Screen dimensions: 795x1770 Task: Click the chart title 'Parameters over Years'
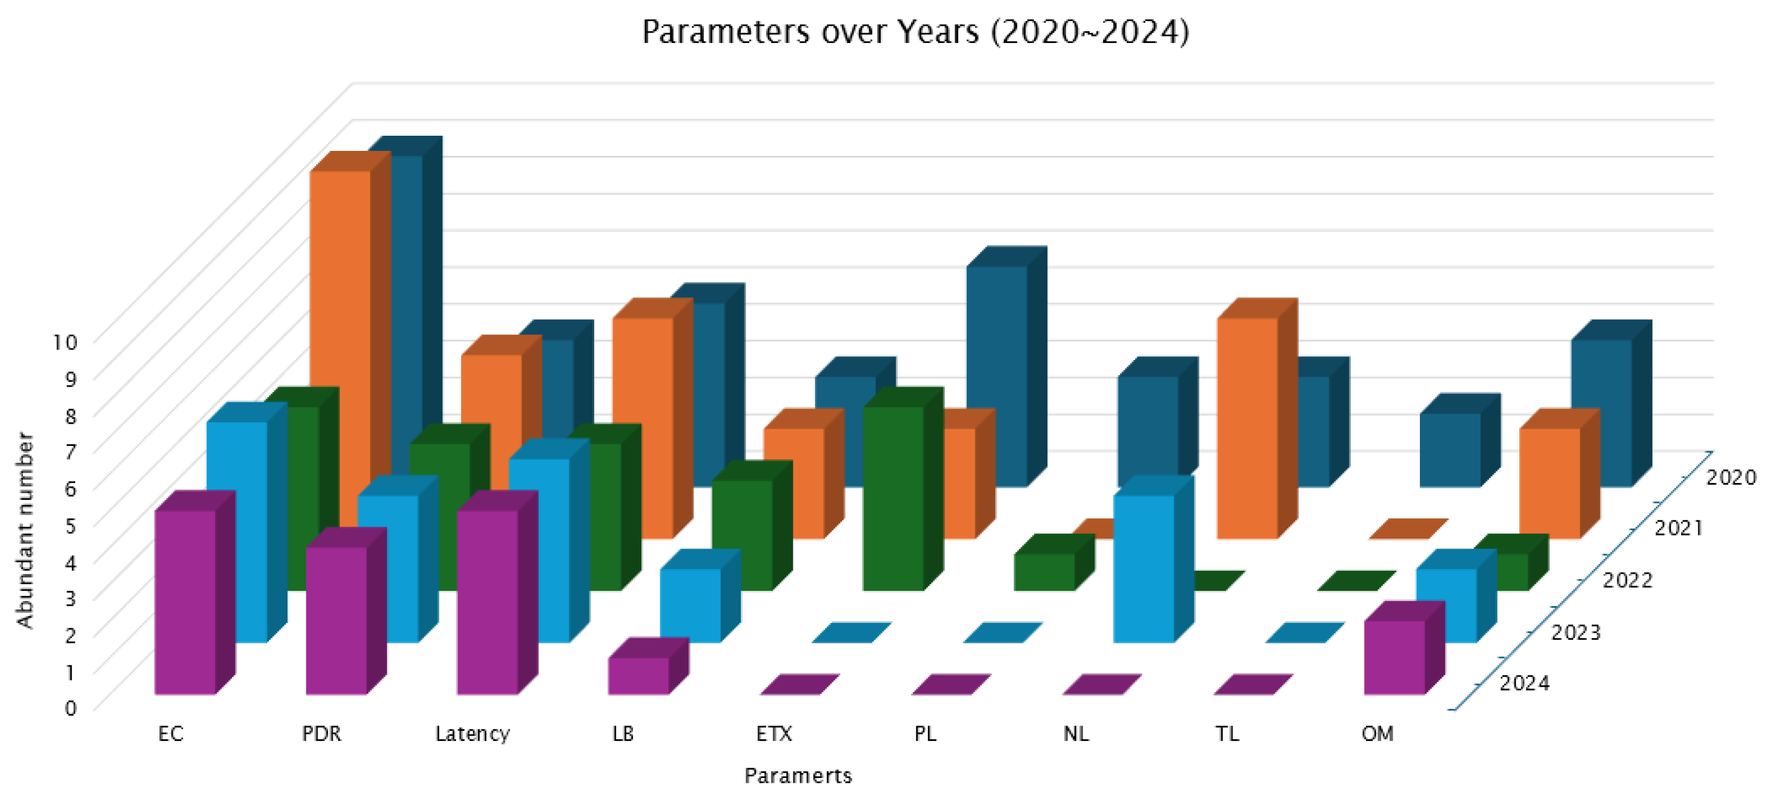coord(915,32)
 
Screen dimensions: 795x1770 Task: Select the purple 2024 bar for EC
coord(185,602)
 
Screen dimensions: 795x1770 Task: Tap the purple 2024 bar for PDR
coord(336,620)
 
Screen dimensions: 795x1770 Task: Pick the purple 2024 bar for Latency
coord(487,602)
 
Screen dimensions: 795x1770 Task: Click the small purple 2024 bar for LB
coord(638,676)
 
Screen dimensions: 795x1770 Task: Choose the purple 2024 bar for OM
coord(1394,657)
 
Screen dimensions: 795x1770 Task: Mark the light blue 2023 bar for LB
coord(690,605)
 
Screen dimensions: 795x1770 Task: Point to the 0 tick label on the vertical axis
coord(71,708)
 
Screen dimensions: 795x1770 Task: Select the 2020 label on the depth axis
coord(1731,477)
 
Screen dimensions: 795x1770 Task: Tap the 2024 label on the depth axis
coord(1524,683)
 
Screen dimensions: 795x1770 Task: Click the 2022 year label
coord(1627,580)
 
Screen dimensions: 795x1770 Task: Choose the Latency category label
coord(472,734)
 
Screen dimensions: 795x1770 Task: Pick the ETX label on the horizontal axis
coord(774,734)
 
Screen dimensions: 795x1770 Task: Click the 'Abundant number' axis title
coord(25,530)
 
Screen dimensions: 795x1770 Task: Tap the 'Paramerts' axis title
coord(798,776)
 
